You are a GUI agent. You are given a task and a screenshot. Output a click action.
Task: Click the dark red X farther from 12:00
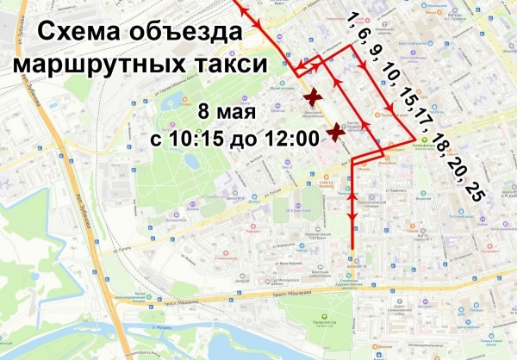point(314,98)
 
